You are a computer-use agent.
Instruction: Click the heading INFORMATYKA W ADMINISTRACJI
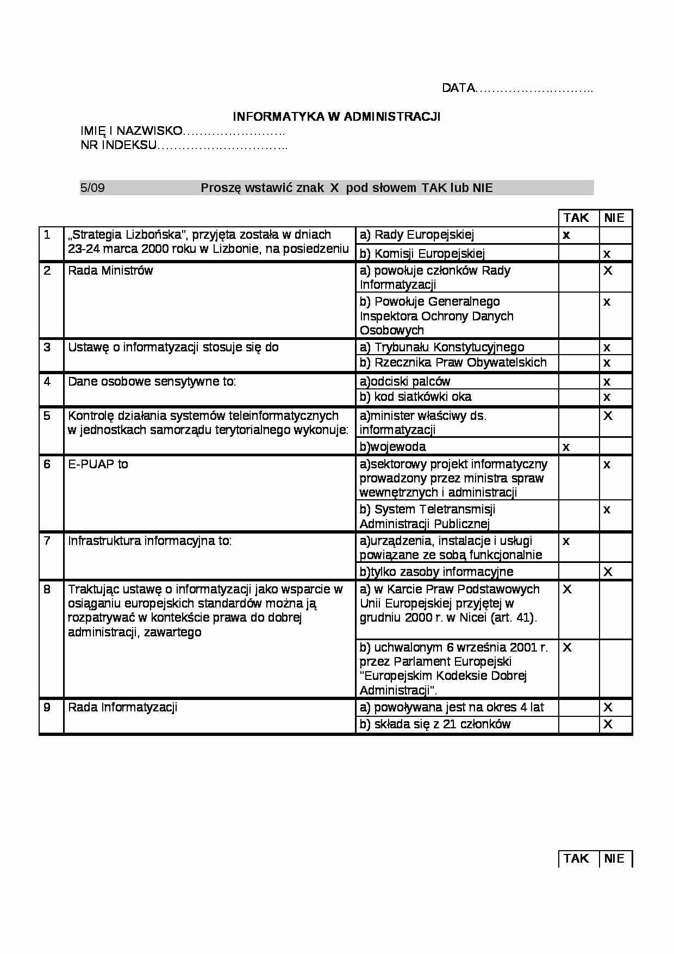click(x=336, y=116)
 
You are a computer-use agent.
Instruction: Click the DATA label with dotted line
click(x=516, y=88)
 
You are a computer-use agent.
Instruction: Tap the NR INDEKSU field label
click(x=183, y=145)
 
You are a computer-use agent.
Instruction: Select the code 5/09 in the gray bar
click(x=92, y=188)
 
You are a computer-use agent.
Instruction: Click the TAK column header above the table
click(x=576, y=218)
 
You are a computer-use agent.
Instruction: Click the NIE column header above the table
click(x=614, y=218)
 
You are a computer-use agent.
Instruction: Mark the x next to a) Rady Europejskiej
click(x=566, y=236)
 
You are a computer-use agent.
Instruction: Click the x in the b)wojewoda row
click(x=566, y=447)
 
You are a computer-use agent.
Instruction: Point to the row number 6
click(x=47, y=464)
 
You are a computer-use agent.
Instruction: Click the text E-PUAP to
click(x=98, y=464)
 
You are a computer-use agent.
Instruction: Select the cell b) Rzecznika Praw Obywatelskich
click(x=453, y=363)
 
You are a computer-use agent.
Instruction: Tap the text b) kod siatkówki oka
click(x=416, y=397)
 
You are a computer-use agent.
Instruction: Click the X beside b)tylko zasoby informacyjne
click(x=608, y=572)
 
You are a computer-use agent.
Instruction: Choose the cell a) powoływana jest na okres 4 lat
click(x=452, y=708)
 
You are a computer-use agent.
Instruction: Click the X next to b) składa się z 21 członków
click(x=608, y=724)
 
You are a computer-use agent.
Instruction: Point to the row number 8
click(x=47, y=589)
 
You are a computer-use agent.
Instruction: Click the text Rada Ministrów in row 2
click(x=110, y=271)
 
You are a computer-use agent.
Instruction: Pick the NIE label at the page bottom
click(x=614, y=858)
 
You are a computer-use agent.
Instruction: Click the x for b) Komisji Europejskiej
click(x=607, y=254)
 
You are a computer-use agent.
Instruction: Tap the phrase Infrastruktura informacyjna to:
click(x=149, y=541)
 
